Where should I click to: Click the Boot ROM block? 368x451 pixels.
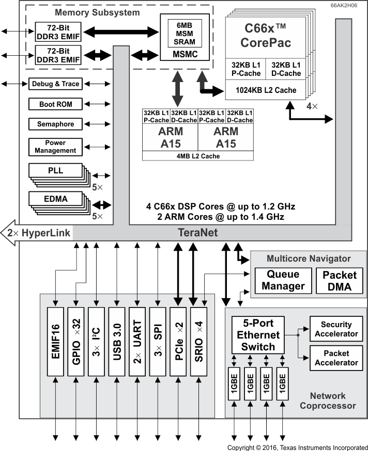pos(55,104)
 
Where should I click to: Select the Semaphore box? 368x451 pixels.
pos(55,124)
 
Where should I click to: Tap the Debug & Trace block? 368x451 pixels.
pos(55,84)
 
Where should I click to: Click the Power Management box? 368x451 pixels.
pos(55,147)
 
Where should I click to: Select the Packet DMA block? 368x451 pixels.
pos(339,280)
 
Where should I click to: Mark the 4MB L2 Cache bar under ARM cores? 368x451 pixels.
pos(198,156)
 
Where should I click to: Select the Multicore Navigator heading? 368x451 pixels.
pos(308,259)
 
